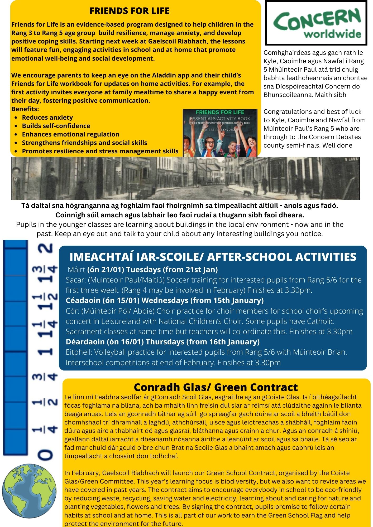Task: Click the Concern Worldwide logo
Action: click(x=316, y=23)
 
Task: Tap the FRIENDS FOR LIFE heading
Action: click(x=129, y=11)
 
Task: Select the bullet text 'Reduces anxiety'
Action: click(x=47, y=118)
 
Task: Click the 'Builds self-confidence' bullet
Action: click(x=56, y=126)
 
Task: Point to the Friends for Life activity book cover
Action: click(x=220, y=133)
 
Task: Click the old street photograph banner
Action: click(x=185, y=178)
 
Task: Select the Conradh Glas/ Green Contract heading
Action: click(x=216, y=387)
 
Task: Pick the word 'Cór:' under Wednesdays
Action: click(x=73, y=311)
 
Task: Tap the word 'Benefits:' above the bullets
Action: click(x=25, y=109)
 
